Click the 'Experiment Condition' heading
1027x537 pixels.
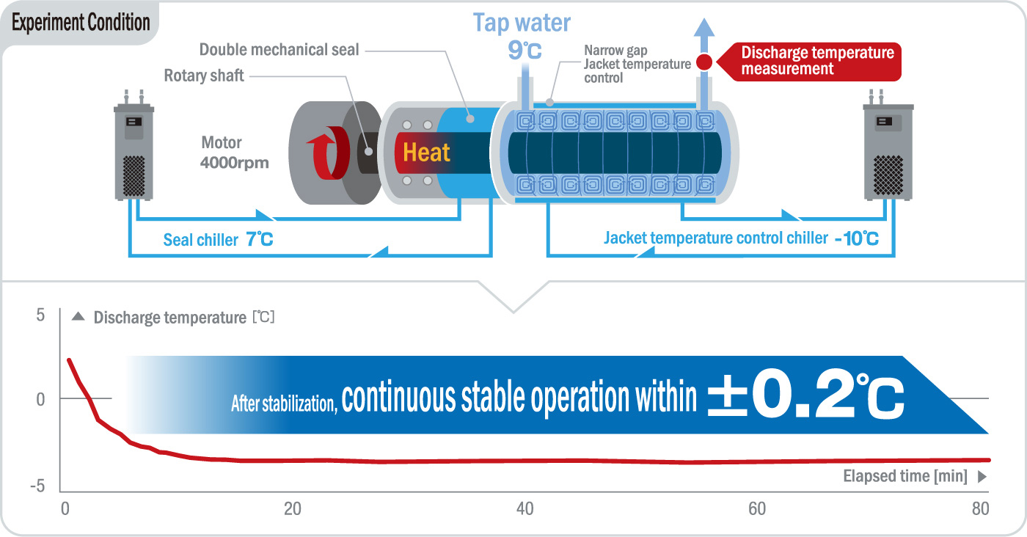point(81,23)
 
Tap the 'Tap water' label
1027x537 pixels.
point(522,23)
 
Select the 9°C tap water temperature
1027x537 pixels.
point(525,51)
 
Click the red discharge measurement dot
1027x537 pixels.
point(703,62)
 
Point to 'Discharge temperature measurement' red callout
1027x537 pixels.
point(817,61)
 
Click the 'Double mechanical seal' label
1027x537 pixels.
point(279,50)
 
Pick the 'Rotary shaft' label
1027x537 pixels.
point(203,75)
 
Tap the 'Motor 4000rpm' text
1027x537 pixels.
point(234,153)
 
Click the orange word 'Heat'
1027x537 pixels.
point(427,153)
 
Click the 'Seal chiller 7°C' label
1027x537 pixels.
point(218,240)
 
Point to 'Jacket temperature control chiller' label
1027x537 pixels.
point(715,238)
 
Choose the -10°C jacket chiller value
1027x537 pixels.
point(855,238)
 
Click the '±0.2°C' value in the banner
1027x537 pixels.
point(805,395)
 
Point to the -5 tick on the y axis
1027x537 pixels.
point(37,486)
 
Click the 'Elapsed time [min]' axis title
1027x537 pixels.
point(905,476)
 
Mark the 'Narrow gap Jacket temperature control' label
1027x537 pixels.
point(637,64)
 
